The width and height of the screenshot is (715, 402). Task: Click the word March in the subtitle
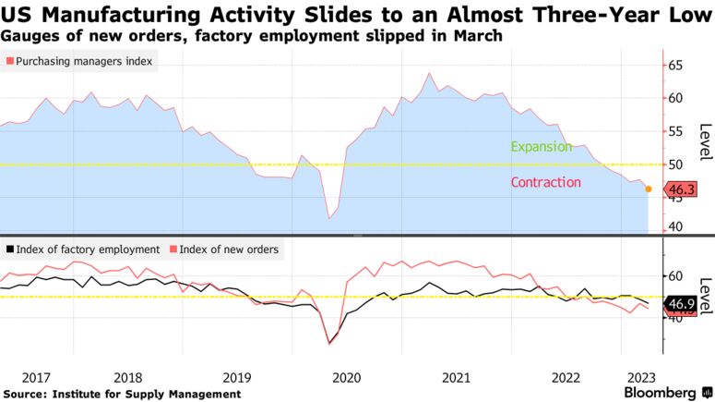click(x=479, y=35)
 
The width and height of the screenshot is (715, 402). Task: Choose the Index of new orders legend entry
click(x=227, y=250)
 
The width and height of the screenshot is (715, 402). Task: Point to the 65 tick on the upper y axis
click(x=674, y=66)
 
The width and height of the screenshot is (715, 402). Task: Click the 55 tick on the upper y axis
click(x=674, y=131)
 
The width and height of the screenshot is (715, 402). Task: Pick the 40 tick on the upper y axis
click(x=674, y=227)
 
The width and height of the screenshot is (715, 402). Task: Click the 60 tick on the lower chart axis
click(x=674, y=276)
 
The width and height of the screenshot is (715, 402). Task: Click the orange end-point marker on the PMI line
click(x=649, y=189)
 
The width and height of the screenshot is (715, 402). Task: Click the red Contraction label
click(x=546, y=182)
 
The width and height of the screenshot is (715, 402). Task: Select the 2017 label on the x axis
click(x=35, y=378)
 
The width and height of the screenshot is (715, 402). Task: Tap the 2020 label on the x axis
click(x=346, y=378)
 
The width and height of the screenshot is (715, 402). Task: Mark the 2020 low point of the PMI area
click(x=329, y=218)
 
